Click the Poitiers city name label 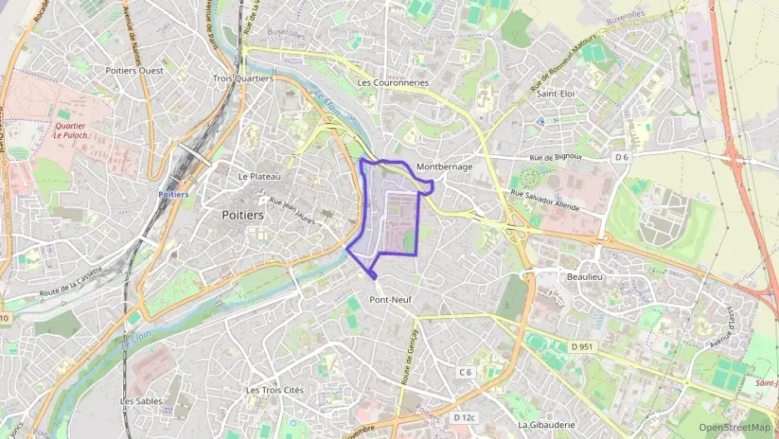pos(243,215)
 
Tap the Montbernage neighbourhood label pos(444,167)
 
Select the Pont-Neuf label pos(390,299)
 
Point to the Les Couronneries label pos(393,83)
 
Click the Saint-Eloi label pos(558,94)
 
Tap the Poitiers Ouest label pos(135,71)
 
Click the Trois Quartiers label pos(243,78)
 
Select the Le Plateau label pos(260,177)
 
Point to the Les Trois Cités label pos(276,390)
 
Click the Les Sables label pos(141,401)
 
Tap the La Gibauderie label pos(546,425)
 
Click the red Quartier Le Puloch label pos(70,130)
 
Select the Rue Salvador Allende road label pos(550,201)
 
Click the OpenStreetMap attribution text pos(734,427)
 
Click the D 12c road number pos(464,417)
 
